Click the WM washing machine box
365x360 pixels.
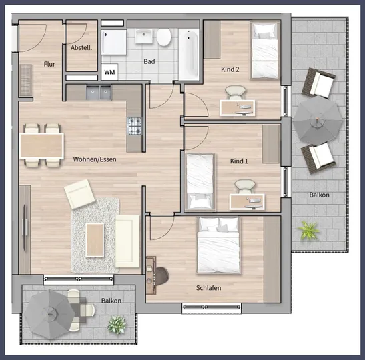click(109, 72)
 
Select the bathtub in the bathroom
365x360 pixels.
click(189, 55)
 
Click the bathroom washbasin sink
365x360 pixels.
click(144, 36)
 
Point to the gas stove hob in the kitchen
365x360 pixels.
click(135, 126)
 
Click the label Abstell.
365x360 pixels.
click(81, 48)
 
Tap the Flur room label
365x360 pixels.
click(49, 64)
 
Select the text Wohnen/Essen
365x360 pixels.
click(95, 159)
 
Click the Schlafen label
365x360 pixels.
click(209, 288)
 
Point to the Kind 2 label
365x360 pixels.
click(230, 69)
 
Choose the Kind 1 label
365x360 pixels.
click(239, 161)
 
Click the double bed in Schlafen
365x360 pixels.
click(218, 245)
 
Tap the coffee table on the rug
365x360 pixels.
click(95, 240)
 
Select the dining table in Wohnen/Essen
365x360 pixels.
click(41, 146)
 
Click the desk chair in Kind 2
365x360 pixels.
click(236, 92)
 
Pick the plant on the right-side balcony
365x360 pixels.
click(309, 230)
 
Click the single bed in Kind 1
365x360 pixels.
click(200, 182)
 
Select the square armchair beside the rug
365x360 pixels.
click(79, 194)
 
